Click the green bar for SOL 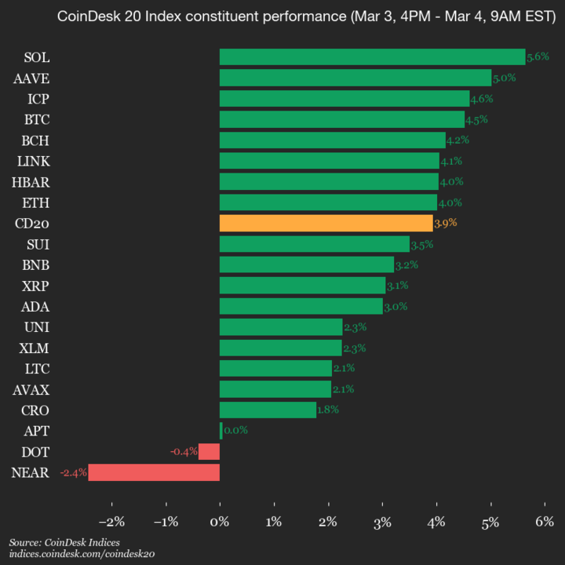point(372,57)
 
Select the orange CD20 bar point(326,224)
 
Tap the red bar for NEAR point(154,472)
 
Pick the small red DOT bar point(209,452)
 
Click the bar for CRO point(268,410)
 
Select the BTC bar point(341,119)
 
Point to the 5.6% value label point(538,57)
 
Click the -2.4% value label point(74,472)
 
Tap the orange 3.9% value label point(445,224)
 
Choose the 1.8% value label point(328,410)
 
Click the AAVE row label point(31,78)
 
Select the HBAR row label point(32,181)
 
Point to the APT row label point(37,431)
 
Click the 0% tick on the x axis point(220,522)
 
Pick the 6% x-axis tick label point(545,522)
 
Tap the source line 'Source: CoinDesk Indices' point(64,542)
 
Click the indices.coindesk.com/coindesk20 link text point(82,554)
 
